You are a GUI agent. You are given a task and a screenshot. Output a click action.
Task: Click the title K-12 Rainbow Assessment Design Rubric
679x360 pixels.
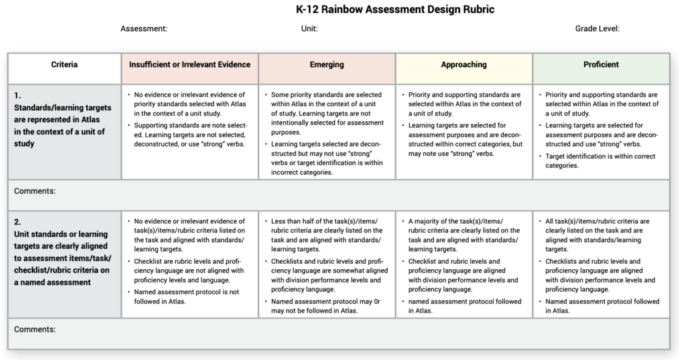click(x=395, y=10)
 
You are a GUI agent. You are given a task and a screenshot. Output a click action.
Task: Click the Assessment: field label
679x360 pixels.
click(x=144, y=29)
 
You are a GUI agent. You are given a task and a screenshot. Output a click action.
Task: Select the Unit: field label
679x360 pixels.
click(x=310, y=29)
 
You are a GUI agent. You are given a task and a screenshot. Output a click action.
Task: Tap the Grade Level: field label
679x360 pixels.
click(x=597, y=29)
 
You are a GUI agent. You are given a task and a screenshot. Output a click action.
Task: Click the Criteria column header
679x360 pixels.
click(x=64, y=65)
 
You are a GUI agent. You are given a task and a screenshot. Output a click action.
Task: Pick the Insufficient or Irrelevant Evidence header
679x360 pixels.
click(x=190, y=65)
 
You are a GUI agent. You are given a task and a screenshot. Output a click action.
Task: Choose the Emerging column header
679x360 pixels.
click(x=327, y=65)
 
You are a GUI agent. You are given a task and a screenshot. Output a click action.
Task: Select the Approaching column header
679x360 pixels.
click(x=463, y=65)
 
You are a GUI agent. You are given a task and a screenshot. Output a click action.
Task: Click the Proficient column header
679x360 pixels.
click(x=601, y=65)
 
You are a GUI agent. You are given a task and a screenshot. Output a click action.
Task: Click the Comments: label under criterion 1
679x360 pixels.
click(x=35, y=191)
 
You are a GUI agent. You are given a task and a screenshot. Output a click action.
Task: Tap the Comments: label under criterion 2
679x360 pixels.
click(x=35, y=329)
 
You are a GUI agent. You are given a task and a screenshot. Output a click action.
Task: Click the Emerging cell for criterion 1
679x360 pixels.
click(x=327, y=133)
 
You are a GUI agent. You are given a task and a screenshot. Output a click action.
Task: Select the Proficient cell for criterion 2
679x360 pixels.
click(x=601, y=265)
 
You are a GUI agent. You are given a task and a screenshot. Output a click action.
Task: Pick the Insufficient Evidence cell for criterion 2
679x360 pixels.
click(x=190, y=261)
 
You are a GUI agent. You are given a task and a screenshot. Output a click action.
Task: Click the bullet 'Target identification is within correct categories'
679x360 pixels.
click(x=601, y=161)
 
